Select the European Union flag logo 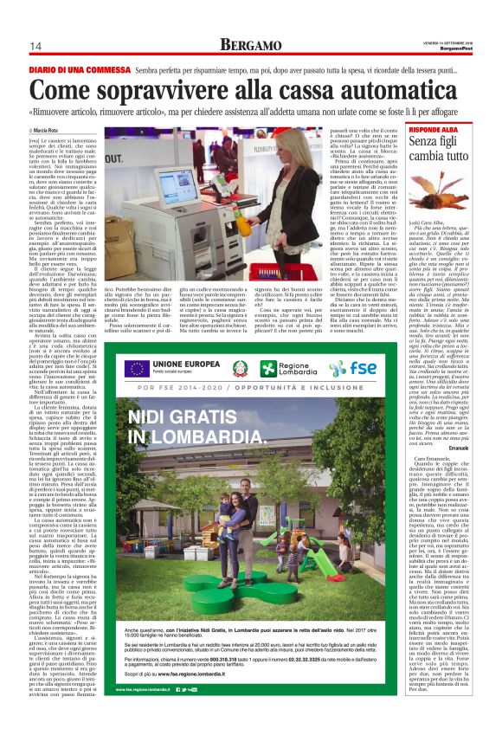(x=135, y=367)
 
